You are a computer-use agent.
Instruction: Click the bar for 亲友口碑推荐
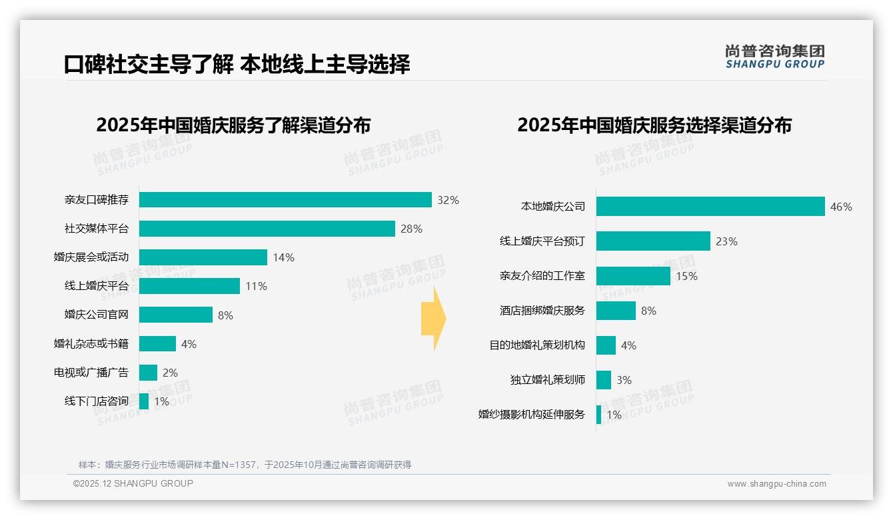point(285,200)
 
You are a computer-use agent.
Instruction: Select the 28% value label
point(411,229)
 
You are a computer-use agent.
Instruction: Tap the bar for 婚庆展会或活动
point(203,257)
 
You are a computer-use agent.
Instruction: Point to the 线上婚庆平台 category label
point(97,286)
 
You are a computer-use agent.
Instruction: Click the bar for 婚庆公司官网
point(176,315)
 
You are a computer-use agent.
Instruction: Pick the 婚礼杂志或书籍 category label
point(91,344)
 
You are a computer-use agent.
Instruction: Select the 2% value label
point(170,373)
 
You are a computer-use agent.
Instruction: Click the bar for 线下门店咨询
point(144,401)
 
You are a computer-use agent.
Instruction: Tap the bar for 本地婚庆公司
point(710,207)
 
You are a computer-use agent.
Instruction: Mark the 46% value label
point(841,207)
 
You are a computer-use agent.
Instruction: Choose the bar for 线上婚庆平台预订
point(653,241)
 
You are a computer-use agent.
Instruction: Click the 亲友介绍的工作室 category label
point(542,276)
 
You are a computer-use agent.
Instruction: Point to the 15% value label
point(686,276)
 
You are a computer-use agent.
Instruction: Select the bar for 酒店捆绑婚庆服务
point(616,311)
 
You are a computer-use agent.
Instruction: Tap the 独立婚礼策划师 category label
point(548,380)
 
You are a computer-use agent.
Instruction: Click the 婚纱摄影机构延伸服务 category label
point(532,415)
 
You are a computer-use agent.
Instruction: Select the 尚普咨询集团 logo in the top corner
point(774,57)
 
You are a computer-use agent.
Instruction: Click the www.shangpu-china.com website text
point(776,484)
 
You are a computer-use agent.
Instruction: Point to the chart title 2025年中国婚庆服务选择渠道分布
point(654,125)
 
